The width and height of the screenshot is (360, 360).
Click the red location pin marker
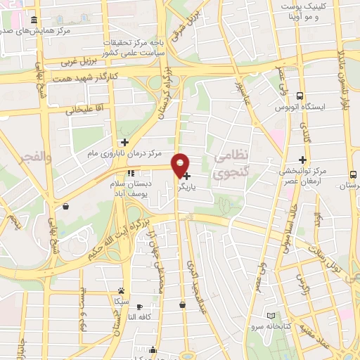180,164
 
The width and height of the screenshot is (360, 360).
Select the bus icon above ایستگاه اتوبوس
300,96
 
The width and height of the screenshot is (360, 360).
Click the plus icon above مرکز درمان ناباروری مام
124,142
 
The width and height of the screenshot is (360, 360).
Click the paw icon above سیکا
122,290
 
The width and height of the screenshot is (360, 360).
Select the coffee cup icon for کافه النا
139,307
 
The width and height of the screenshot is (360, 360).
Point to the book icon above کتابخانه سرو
271,316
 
